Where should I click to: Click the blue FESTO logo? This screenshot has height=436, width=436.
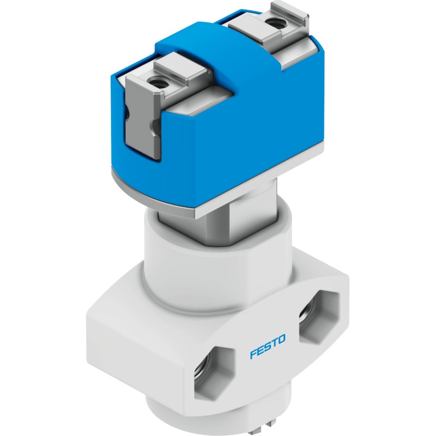(x=268, y=347)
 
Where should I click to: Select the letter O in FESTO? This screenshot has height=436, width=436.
(x=282, y=339)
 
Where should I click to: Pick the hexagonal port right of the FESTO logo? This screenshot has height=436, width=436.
(x=319, y=318)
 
